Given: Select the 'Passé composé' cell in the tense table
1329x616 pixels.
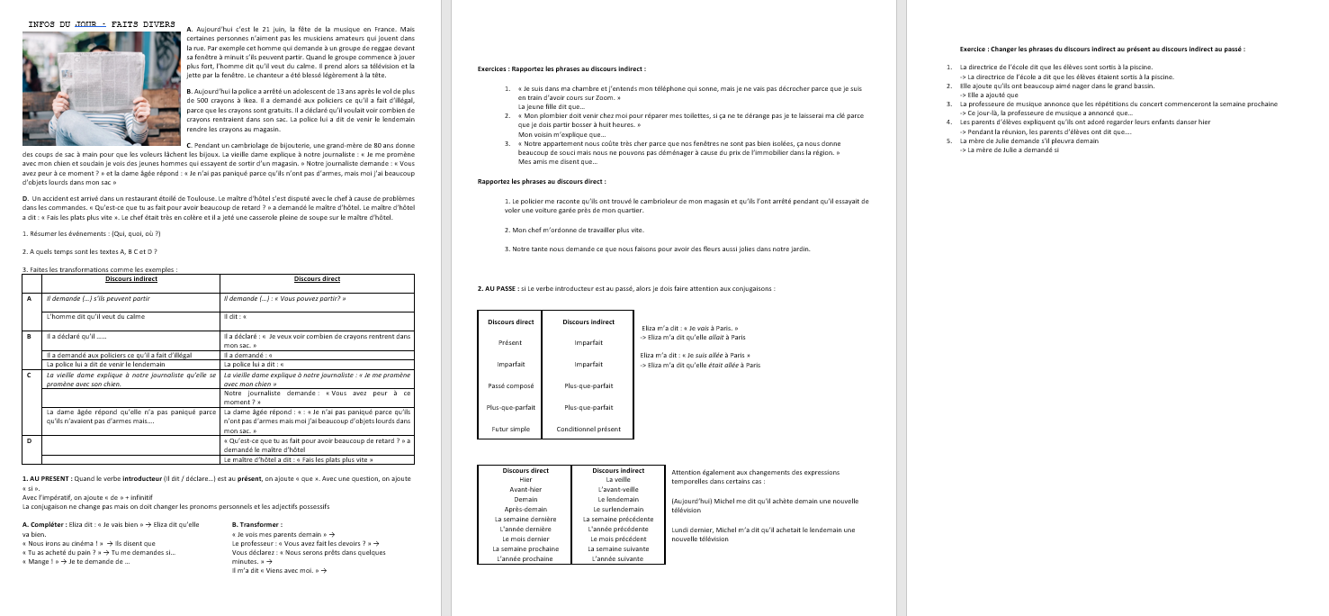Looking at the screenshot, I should click(x=511, y=385).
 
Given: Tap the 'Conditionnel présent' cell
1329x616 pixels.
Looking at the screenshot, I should click(x=588, y=429).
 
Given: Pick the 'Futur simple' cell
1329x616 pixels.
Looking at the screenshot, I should click(x=511, y=429).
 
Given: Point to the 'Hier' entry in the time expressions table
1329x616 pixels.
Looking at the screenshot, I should click(x=525, y=480).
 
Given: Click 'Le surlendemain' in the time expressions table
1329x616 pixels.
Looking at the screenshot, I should click(x=617, y=509).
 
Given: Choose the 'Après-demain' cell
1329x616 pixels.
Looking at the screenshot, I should click(x=525, y=509).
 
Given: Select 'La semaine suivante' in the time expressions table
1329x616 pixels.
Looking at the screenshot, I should click(x=617, y=548).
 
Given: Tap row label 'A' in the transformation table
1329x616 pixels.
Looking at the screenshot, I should click(x=31, y=298).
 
